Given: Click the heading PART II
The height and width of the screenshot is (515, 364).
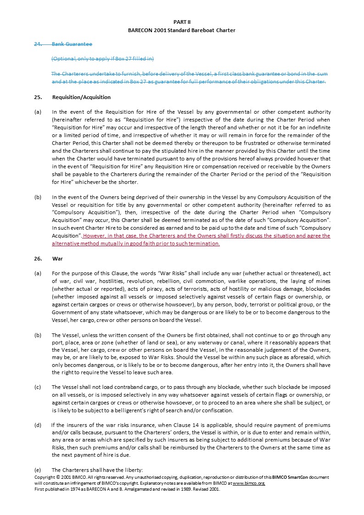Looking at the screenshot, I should tap(182, 22).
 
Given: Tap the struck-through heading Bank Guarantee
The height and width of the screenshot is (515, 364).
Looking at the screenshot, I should tap(72, 44).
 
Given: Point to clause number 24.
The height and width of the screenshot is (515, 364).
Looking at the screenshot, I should tap(38, 44).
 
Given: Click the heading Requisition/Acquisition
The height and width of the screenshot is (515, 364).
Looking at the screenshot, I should tap(81, 97).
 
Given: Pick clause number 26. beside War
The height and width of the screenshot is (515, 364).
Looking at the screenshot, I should tap(38, 259).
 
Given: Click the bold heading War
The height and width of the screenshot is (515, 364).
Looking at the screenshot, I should tap(57, 259).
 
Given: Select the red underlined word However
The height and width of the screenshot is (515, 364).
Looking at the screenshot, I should tap(95, 236).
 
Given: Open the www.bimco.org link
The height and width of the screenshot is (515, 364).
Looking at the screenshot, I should tap(249, 483).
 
